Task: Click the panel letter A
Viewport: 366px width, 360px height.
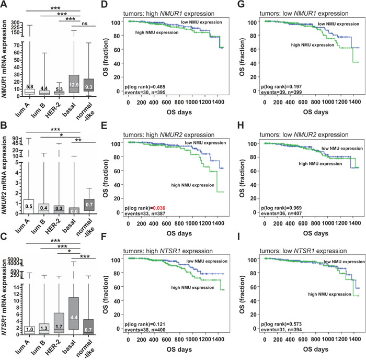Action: point(4,5)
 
